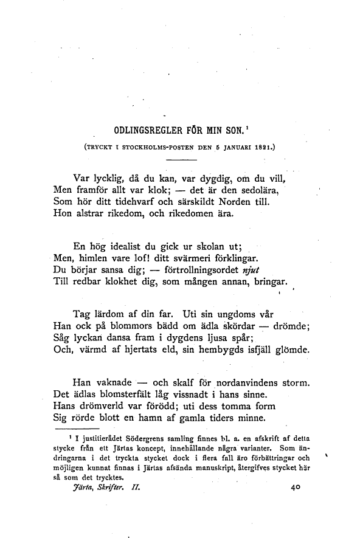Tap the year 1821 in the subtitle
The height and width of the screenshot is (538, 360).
263,147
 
